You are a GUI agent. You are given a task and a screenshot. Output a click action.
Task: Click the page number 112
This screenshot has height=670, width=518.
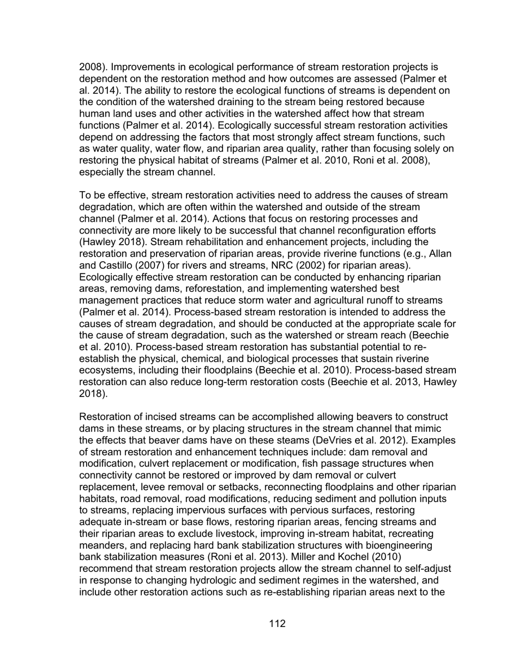coord(277,624)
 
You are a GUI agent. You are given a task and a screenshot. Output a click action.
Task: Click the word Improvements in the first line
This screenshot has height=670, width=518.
coord(143,68)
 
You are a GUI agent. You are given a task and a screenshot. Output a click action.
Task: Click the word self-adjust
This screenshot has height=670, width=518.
coord(425,569)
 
